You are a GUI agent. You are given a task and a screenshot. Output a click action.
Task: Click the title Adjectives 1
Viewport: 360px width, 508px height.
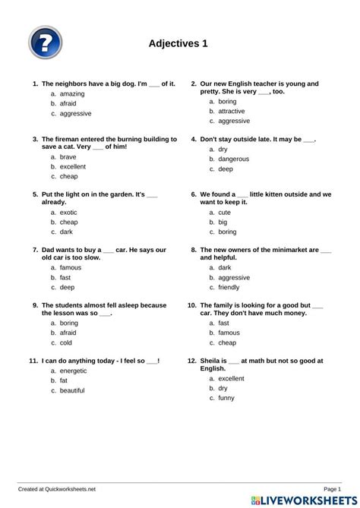pos(178,45)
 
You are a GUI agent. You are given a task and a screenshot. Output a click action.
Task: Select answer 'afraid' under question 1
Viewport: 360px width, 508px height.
pos(68,103)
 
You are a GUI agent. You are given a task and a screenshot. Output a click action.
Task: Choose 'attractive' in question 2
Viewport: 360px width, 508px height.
pos(232,111)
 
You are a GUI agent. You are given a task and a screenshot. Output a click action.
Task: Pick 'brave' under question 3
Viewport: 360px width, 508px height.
pos(68,156)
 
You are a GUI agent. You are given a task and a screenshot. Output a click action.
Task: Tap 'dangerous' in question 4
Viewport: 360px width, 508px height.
pos(233,159)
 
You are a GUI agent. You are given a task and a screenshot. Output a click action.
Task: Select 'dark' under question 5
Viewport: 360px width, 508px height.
pos(67,232)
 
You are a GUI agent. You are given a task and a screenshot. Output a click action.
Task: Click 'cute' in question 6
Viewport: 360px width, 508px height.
pos(225,213)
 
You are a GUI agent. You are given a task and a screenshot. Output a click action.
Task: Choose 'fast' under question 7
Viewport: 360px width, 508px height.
pos(65,278)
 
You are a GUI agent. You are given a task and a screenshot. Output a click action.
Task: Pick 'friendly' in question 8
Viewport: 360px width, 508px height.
pos(234,288)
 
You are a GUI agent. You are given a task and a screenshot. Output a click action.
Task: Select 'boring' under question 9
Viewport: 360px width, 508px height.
pos(68,323)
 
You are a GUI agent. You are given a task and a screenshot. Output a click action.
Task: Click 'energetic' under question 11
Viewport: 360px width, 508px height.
pos(73,371)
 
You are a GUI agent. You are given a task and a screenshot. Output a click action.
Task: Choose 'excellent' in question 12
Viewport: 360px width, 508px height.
pos(231,378)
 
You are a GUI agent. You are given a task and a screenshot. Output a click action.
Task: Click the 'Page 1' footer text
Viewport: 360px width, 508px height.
pos(332,489)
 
